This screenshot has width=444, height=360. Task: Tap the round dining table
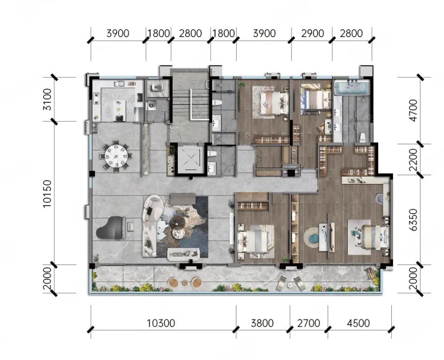(116, 156)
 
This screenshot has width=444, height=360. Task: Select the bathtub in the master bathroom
(352, 87)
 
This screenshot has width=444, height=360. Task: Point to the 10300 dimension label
(161, 323)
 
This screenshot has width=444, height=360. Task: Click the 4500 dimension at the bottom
(358, 323)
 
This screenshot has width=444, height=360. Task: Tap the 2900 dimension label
(313, 33)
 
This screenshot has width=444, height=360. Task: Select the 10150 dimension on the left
(48, 194)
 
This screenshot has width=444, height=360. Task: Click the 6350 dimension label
(413, 220)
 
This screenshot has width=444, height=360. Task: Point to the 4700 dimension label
(413, 110)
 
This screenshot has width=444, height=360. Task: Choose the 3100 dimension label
(48, 99)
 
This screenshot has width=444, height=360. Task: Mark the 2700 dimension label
(309, 323)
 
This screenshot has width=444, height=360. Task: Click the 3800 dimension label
(262, 323)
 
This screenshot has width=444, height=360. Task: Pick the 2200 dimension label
(413, 159)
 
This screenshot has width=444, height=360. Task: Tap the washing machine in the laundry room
(151, 105)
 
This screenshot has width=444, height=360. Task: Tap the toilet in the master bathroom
(363, 138)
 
